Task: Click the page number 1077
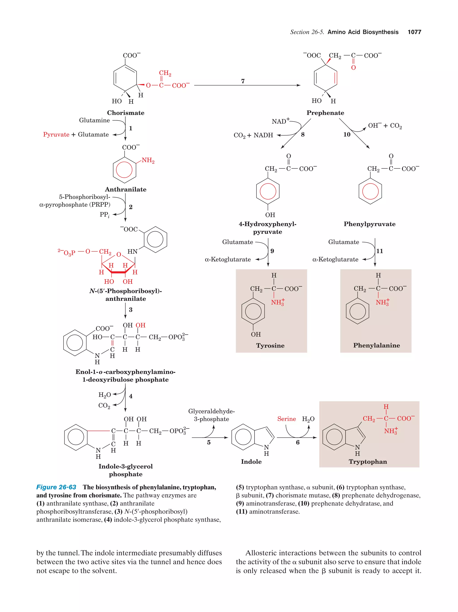(414, 32)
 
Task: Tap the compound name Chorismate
(125, 113)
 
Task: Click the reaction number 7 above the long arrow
(243, 81)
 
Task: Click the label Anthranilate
(125, 190)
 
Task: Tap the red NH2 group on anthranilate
(148, 161)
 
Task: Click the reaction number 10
(347, 135)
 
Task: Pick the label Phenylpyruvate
(369, 224)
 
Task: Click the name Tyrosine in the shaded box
(270, 346)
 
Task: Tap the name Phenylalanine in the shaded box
(376, 345)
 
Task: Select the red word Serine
(286, 419)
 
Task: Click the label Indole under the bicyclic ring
(251, 462)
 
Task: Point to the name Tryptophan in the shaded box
(368, 462)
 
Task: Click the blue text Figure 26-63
(56, 487)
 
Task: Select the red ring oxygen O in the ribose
(119, 255)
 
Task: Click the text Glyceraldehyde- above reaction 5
(211, 411)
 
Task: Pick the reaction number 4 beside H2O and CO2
(131, 396)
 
